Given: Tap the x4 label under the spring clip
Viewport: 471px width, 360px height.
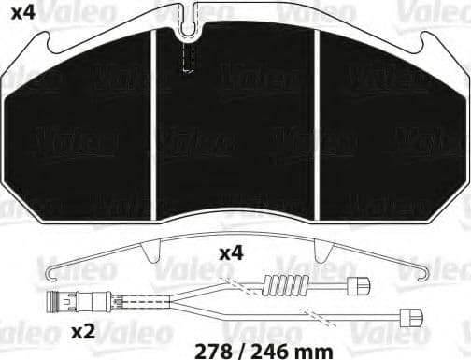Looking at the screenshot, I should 233,253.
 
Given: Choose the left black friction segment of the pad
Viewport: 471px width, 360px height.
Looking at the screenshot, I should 86,122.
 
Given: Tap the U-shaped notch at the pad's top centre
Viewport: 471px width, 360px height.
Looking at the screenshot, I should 188,25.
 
